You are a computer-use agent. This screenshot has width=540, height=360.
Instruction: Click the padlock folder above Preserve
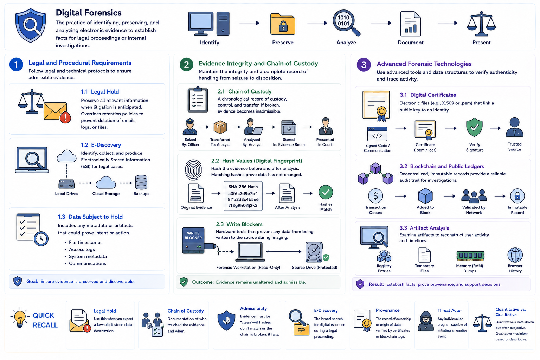pyautogui.click(x=283, y=24)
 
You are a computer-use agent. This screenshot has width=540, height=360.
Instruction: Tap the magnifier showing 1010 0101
pyautogui.click(x=346, y=22)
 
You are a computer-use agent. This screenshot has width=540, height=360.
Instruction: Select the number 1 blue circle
pyautogui.click(x=16, y=65)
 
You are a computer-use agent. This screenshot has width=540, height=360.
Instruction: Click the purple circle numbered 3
pyautogui.click(x=364, y=65)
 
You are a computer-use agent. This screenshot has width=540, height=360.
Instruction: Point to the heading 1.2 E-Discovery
pyautogui.click(x=101, y=145)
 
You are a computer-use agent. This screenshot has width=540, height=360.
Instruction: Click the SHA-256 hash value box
pyautogui.click(x=243, y=196)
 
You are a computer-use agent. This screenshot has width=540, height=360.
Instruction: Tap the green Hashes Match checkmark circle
pyautogui.click(x=326, y=192)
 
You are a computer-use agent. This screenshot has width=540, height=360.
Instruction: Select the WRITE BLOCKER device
pyautogui.click(x=193, y=240)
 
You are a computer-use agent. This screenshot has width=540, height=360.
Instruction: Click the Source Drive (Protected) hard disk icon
pyautogui.click(x=314, y=252)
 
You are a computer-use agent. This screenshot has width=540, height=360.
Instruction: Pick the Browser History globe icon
pyautogui.click(x=515, y=255)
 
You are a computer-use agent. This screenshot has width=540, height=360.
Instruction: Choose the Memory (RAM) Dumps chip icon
pyautogui.click(x=470, y=256)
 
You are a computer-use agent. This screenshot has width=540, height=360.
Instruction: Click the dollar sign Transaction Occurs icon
pyautogui.click(x=375, y=196)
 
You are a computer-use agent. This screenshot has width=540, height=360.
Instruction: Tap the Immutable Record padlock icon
pyautogui.click(x=517, y=196)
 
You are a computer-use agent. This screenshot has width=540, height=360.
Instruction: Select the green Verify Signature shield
pyautogui.click(x=474, y=127)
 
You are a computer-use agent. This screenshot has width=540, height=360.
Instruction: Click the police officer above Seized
pyautogui.click(x=190, y=127)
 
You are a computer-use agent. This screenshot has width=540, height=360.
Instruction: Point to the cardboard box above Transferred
pyautogui.click(x=220, y=127)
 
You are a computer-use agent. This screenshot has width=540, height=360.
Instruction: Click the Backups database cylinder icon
pyautogui.click(x=141, y=182)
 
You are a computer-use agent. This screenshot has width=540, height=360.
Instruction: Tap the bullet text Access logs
pyautogui.click(x=82, y=249)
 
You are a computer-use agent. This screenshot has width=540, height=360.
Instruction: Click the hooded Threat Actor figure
pyautogui.click(x=426, y=321)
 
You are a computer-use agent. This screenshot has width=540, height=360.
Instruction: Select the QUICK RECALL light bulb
pyautogui.click(x=20, y=317)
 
